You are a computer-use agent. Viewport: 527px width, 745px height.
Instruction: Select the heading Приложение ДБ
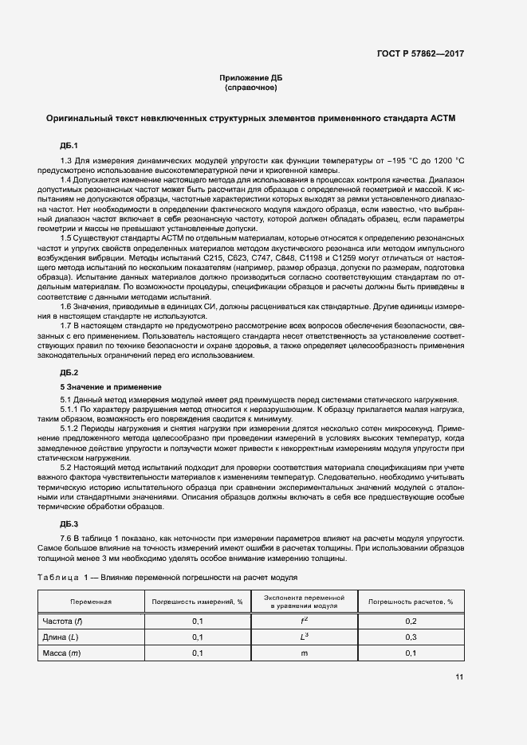tap(251, 77)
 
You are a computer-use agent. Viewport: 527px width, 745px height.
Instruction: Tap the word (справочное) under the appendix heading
tap(251, 88)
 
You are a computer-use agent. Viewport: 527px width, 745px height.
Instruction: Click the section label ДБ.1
tap(69, 146)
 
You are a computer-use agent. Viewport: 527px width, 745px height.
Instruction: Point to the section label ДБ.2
tap(69, 373)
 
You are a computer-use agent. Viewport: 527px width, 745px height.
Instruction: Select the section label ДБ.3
tap(69, 523)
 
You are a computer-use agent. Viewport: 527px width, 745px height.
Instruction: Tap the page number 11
tap(459, 677)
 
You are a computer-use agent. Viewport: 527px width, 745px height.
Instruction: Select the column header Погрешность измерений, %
tap(197, 602)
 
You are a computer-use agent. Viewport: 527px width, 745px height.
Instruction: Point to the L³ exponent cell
tap(304, 637)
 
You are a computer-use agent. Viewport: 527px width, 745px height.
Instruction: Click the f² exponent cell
tap(304, 620)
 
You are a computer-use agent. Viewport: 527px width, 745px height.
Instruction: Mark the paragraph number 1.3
tap(67, 162)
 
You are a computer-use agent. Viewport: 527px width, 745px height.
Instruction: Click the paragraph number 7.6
tap(67, 539)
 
